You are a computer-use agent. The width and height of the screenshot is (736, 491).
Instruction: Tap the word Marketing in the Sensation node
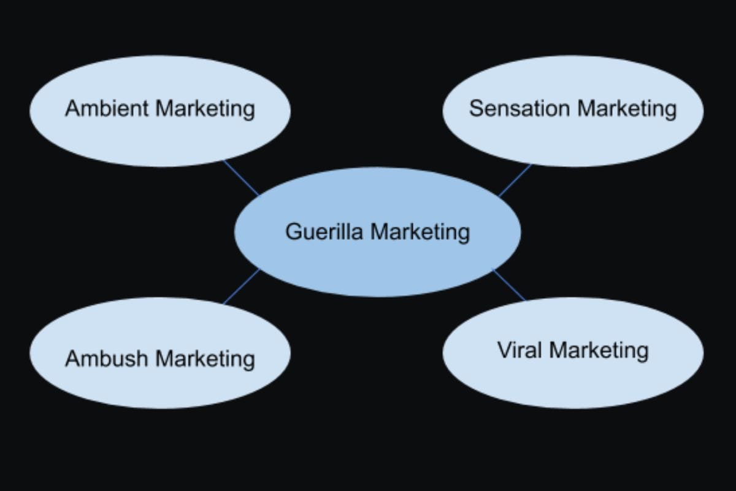coord(627,109)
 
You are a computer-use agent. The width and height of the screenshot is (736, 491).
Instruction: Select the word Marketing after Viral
coord(599,350)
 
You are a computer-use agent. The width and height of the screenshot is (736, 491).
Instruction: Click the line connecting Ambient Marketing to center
coord(241,178)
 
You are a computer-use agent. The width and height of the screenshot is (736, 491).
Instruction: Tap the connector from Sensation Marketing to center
coord(515,180)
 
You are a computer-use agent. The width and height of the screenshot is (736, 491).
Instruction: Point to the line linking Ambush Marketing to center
coord(241,287)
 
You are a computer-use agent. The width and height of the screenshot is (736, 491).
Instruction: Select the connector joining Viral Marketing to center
coord(509,285)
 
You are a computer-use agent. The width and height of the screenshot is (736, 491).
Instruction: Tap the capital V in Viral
coord(503,350)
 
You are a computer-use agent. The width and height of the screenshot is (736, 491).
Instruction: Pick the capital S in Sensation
coord(476,109)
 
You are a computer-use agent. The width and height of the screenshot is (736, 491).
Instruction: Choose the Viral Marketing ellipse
coord(573,381)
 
